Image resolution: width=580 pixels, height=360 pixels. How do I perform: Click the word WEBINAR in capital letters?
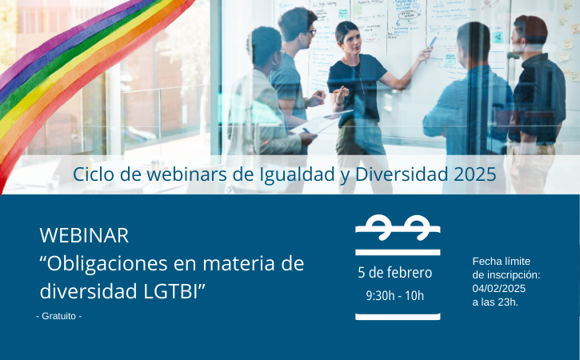pyautogui.click(x=84, y=235)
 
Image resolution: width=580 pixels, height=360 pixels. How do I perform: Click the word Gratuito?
pyautogui.click(x=59, y=316)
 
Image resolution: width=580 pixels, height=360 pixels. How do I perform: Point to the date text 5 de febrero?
pyautogui.click(x=394, y=273)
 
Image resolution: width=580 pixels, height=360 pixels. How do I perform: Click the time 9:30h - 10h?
pyautogui.click(x=394, y=296)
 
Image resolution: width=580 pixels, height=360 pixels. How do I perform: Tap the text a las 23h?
pyautogui.click(x=495, y=302)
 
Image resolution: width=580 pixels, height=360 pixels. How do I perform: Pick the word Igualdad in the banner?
pyautogui.click(x=297, y=174)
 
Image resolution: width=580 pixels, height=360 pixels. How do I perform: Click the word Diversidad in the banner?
pyautogui.click(x=402, y=174)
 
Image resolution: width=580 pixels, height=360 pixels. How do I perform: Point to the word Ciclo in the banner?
pyautogui.click(x=94, y=174)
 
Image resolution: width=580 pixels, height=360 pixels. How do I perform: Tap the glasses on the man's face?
pyautogui.click(x=311, y=32)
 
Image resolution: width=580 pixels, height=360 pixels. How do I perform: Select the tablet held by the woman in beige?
pyautogui.click(x=320, y=122)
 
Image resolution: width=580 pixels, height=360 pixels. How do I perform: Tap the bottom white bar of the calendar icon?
pyautogui.click(x=398, y=317)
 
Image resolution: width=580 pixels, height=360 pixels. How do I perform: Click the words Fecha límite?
pyautogui.click(x=502, y=262)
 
